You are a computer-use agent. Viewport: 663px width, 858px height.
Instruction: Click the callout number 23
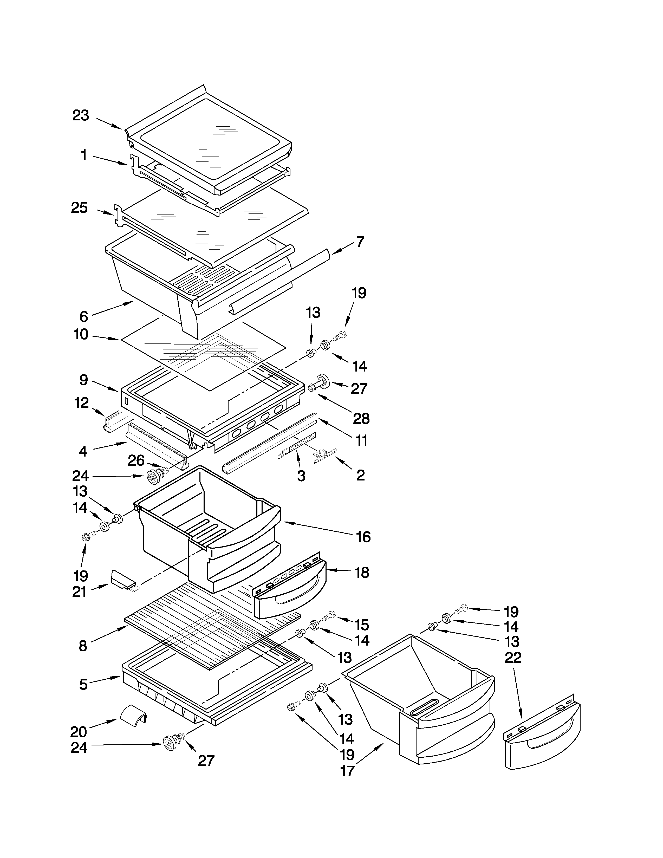[x=81, y=115]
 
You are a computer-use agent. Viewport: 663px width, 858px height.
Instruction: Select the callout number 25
[x=79, y=208]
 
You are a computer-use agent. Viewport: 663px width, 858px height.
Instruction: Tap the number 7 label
[x=360, y=242]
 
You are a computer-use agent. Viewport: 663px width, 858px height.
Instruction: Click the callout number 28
[x=361, y=419]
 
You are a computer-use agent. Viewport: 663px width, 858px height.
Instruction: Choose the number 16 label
[x=363, y=537]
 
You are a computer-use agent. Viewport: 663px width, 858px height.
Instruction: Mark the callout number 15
[x=361, y=624]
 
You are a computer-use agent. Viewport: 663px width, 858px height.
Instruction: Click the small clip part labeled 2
[x=325, y=456]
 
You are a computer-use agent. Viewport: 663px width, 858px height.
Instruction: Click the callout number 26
[x=136, y=460]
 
